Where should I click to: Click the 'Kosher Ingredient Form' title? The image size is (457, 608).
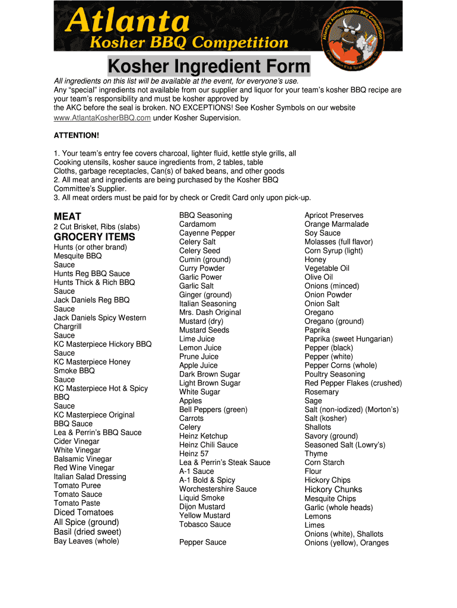(208, 66)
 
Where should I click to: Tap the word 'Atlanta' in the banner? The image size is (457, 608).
(128, 23)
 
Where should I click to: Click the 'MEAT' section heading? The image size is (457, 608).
(67, 217)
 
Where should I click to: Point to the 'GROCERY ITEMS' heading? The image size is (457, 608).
(94, 237)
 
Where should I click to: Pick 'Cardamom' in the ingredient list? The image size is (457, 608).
(198, 224)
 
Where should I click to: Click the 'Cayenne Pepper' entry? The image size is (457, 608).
(207, 233)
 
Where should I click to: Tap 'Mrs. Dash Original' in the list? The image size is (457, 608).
(210, 312)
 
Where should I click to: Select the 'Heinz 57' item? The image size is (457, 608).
(194, 454)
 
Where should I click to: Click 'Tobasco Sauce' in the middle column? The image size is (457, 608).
(205, 524)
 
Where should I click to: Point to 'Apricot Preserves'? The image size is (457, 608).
(334, 216)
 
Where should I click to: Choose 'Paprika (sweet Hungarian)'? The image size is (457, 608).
(348, 339)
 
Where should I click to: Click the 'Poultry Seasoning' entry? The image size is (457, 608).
(334, 374)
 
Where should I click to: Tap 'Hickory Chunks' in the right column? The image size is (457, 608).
(333, 489)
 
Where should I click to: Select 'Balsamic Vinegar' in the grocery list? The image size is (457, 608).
(82, 459)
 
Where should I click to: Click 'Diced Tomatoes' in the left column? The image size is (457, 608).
(83, 512)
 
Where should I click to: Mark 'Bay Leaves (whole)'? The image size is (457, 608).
(86, 541)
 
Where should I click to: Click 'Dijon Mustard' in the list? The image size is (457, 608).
(202, 506)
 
